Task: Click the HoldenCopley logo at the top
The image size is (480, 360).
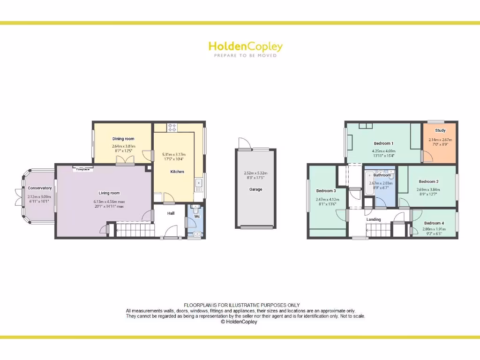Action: tap(245, 46)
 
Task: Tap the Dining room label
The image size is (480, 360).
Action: tap(123, 139)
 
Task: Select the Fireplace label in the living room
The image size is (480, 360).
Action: tap(83, 169)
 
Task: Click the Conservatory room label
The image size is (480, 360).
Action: tap(40, 188)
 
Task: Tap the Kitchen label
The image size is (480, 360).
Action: tap(177, 172)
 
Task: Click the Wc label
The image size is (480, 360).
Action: tap(197, 217)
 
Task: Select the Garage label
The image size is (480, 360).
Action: tap(255, 189)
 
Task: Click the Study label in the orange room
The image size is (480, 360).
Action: tap(440, 130)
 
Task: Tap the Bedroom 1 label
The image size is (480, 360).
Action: tap(383, 143)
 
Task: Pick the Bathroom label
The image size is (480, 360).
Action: tap(382, 175)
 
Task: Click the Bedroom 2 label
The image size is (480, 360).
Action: tap(428, 181)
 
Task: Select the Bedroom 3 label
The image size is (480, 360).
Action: tap(326, 191)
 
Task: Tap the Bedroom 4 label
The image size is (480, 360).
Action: tap(434, 223)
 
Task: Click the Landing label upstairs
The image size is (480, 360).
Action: tap(374, 219)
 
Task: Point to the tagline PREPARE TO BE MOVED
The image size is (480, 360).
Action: tap(245, 56)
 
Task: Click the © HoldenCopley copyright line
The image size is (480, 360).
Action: tap(239, 322)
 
